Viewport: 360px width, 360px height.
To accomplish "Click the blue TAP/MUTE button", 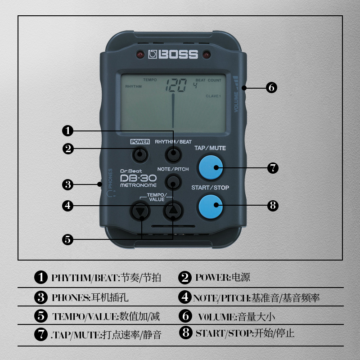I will click(x=211, y=167).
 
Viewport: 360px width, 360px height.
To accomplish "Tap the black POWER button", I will click(x=140, y=155).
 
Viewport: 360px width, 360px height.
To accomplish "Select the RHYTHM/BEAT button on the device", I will click(x=173, y=155).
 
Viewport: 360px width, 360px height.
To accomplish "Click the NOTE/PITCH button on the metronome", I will click(x=173, y=182).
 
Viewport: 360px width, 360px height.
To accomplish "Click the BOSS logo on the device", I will click(x=173, y=55).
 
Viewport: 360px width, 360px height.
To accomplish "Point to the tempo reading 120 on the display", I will click(x=175, y=86).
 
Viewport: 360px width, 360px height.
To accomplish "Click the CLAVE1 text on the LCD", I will click(x=213, y=96).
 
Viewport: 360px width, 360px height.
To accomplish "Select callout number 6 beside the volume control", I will click(x=271, y=88).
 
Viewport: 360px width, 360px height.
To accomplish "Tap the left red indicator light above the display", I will click(x=139, y=55).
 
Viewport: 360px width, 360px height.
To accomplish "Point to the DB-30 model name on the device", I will click(x=138, y=179).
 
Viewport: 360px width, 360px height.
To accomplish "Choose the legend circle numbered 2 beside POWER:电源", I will click(x=184, y=278).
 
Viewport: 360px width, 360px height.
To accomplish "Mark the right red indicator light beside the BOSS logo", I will click(x=207, y=55).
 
